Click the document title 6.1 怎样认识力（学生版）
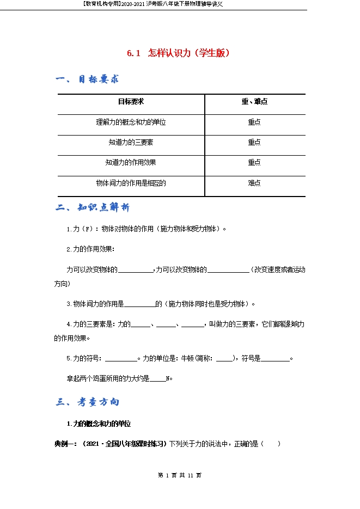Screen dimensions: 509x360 point(179,53)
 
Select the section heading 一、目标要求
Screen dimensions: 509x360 point(87,79)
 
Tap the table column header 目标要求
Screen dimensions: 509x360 point(131,102)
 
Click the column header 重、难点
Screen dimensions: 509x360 point(254,102)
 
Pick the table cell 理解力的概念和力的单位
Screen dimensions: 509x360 point(131,122)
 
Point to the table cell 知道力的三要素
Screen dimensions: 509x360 point(131,142)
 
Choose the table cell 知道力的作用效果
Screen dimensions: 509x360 point(131,162)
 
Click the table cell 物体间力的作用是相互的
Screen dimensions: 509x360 point(131,183)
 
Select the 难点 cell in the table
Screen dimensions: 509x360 point(254,183)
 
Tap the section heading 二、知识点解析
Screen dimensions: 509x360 point(93,208)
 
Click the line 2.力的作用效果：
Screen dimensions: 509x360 point(90,249)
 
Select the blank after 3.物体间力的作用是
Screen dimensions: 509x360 point(140,304)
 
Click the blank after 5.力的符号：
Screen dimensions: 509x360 point(120,358)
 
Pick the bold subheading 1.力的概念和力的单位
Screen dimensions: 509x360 point(99,424)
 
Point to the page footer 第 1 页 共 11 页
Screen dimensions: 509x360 point(180,475)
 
